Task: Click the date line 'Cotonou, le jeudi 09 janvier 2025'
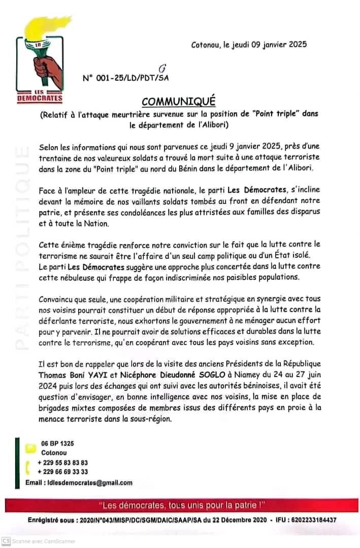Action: (x=249, y=45)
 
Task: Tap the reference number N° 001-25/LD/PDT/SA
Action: (x=125, y=79)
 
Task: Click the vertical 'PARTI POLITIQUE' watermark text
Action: (x=21, y=249)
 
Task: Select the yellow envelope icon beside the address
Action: (x=31, y=447)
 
